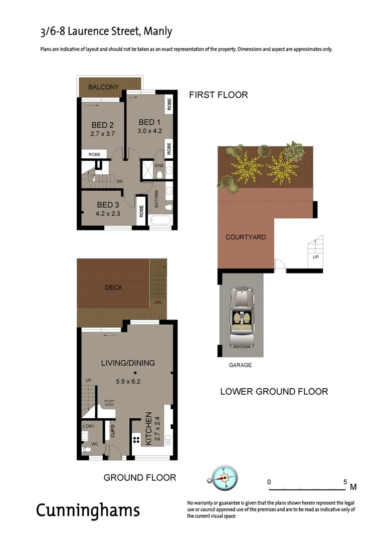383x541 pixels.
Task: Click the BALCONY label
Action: tap(103, 87)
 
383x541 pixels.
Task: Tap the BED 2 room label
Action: tap(102, 125)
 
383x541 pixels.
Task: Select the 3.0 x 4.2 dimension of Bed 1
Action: tap(149, 131)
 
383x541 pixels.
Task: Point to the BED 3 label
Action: tap(108, 204)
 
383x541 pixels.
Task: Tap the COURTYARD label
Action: tap(246, 237)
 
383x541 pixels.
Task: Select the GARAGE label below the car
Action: tap(240, 365)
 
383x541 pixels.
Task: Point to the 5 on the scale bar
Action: tap(345, 482)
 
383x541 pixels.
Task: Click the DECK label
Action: tap(114, 288)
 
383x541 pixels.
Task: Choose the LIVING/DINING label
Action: tap(128, 363)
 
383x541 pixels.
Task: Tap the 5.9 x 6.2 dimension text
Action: tap(128, 380)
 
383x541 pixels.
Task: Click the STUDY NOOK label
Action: tap(109, 403)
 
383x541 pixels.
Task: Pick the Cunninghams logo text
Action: tap(88, 510)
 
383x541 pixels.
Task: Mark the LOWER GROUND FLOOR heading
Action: tap(274, 391)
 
